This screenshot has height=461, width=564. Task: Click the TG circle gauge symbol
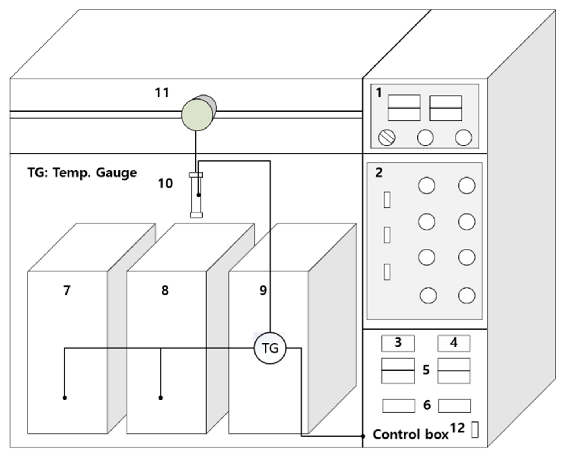click(270, 348)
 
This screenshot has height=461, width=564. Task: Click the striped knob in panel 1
click(386, 138)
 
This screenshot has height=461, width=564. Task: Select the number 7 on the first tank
click(67, 290)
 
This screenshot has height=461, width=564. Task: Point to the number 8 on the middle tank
click(165, 290)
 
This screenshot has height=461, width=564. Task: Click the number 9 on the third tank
click(263, 290)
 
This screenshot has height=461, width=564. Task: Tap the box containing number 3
click(398, 343)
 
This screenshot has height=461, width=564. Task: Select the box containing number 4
click(454, 343)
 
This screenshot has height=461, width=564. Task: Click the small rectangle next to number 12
click(475, 430)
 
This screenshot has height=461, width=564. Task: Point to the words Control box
click(410, 435)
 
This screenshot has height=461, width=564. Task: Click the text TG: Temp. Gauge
click(82, 173)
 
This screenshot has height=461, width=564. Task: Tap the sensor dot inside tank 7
click(65, 398)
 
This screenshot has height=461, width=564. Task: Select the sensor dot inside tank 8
click(160, 398)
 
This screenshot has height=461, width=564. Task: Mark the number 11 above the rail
click(162, 92)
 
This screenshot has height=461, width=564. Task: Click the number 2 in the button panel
click(379, 173)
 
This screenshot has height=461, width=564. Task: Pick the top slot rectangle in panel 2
click(387, 200)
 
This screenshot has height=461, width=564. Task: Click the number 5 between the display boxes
click(426, 370)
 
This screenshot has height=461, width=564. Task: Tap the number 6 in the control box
click(427, 405)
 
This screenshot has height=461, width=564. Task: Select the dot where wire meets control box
click(363, 436)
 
